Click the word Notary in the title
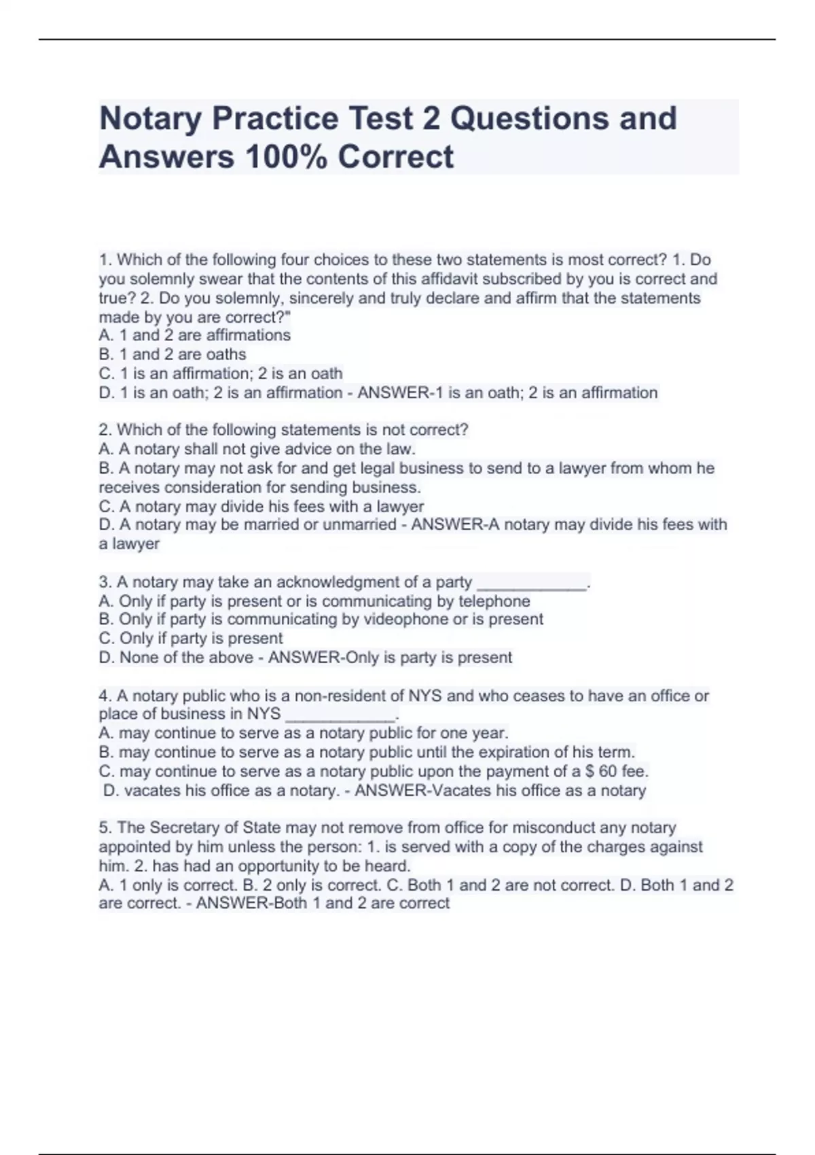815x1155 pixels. click(150, 119)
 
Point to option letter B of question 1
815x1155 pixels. click(105, 355)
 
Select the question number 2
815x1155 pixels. click(105, 430)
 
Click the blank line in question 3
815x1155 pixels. click(532, 585)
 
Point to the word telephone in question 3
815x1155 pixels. click(494, 601)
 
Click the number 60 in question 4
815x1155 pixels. click(608, 772)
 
